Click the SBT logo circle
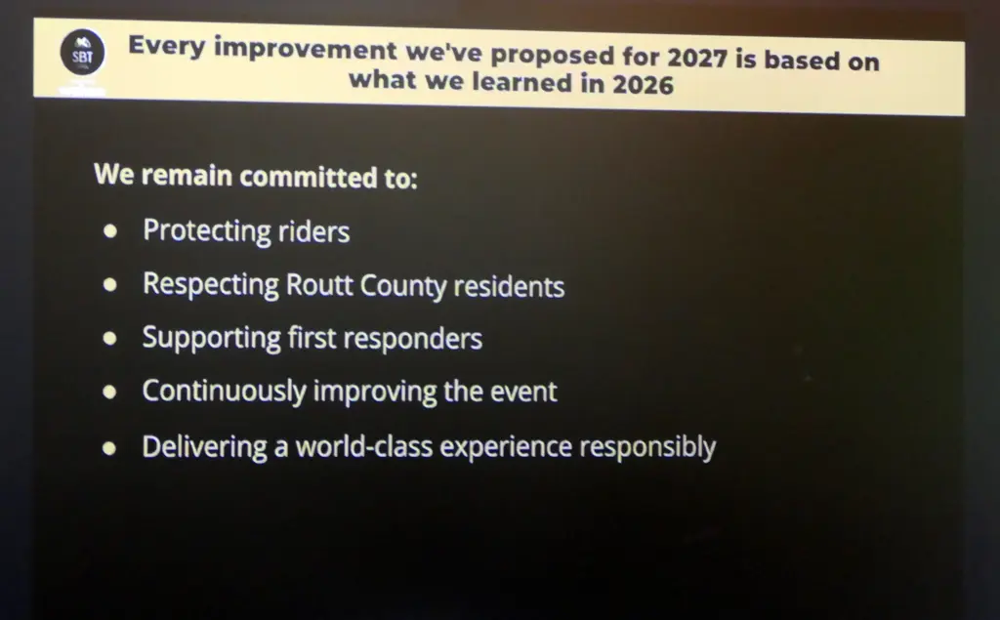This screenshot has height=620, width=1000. point(82,53)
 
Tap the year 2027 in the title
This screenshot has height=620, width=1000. point(697,58)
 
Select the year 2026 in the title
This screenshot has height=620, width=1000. point(643,85)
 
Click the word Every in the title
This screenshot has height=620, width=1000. point(167,47)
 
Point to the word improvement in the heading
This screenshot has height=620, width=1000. point(305,50)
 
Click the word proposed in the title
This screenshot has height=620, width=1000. point(553,56)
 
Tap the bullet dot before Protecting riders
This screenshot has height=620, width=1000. point(109,230)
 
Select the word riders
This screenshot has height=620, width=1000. point(313,231)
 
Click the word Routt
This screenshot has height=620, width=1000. point(319,284)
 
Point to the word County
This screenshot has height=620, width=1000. point(403,286)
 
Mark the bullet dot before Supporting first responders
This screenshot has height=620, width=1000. point(109,338)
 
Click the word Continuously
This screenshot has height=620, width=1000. point(224,392)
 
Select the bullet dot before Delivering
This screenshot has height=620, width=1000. point(109,448)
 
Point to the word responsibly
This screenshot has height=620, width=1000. point(647,448)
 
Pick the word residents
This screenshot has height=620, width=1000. point(509,286)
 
